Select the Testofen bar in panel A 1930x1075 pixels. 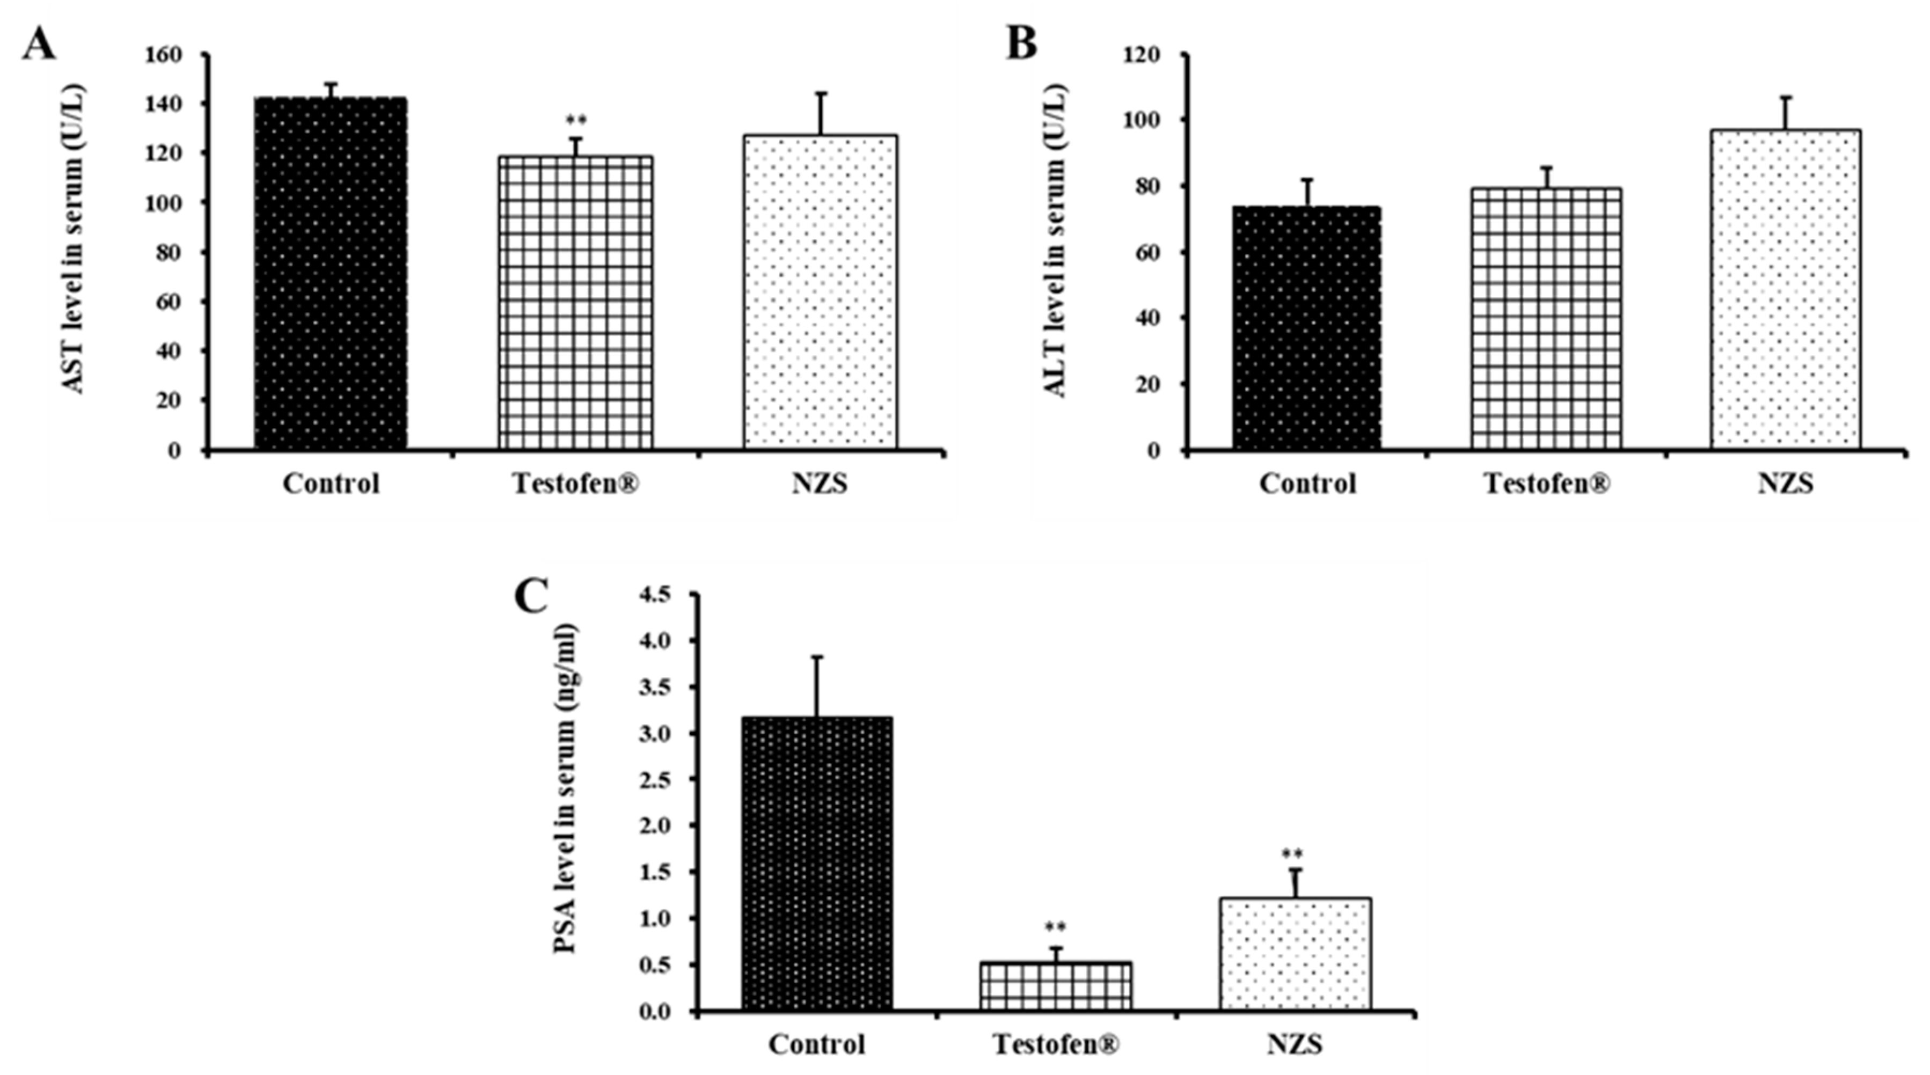click(x=575, y=303)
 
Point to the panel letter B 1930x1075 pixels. click(x=1022, y=43)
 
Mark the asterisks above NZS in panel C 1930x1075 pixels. click(x=1292, y=854)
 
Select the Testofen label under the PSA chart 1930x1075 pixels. click(x=1056, y=1044)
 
